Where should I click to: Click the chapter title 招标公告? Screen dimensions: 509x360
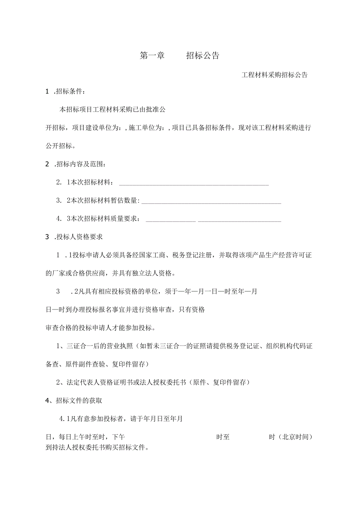202,56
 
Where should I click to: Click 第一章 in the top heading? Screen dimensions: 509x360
152,56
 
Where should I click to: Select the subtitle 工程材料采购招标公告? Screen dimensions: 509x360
275,75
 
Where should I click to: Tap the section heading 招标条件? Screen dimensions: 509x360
69,92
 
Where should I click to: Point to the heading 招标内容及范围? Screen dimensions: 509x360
80,164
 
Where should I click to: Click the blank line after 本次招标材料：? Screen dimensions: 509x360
193,183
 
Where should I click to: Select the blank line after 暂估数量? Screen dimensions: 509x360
211,201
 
